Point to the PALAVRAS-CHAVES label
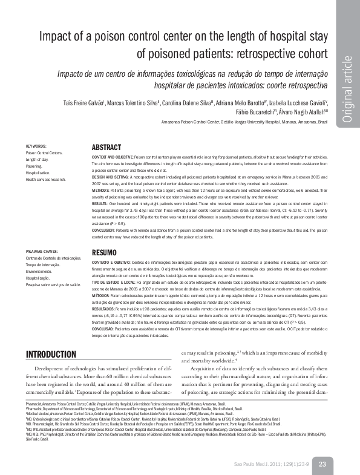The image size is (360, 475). coord(42,251)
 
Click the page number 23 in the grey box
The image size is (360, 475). coord(322,464)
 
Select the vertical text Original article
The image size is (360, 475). coord(347,91)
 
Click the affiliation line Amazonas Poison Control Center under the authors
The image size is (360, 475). coord(194,122)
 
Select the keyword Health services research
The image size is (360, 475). coord(46,180)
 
